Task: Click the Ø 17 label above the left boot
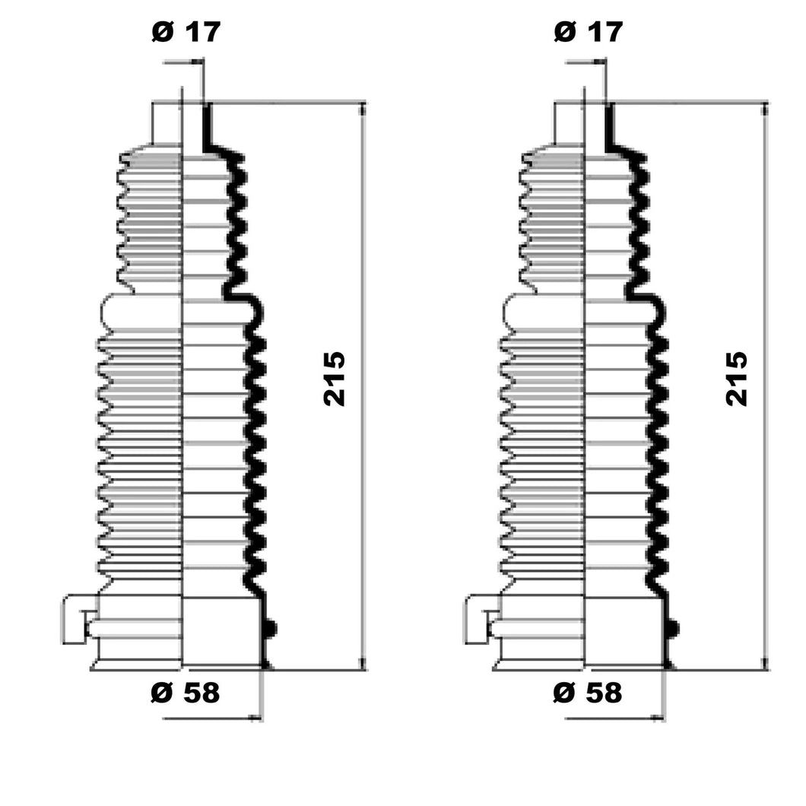pos(186,32)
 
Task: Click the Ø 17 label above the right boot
pos(589,32)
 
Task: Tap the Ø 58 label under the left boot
pos(185,693)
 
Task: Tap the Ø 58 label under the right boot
pos(588,693)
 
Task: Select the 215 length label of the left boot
pos(334,379)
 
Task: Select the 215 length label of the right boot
pos(737,379)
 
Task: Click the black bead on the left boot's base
pos(271,628)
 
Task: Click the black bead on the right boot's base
pos(673,628)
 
